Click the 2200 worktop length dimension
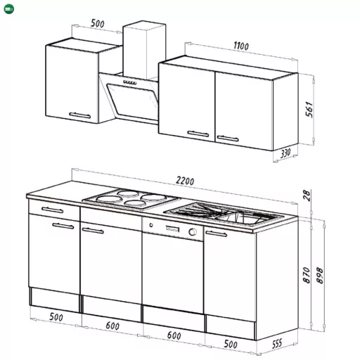click(x=185, y=181)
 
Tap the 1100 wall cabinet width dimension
click(x=241, y=46)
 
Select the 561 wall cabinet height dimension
click(x=309, y=110)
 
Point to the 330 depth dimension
click(x=285, y=153)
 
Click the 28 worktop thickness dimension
click(x=307, y=195)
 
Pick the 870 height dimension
click(x=307, y=275)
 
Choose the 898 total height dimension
click(x=319, y=276)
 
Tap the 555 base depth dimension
click(x=277, y=344)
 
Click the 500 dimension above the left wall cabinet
click(x=98, y=23)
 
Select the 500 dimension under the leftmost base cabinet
click(x=56, y=317)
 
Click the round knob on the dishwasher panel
click(x=193, y=232)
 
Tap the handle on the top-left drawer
click(x=52, y=210)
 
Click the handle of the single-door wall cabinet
click(x=80, y=115)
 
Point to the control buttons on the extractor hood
click(x=130, y=82)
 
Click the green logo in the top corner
click(x=9, y=9)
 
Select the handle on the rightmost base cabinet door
click(x=216, y=233)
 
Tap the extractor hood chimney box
click(x=144, y=50)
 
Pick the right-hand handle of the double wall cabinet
click(x=228, y=139)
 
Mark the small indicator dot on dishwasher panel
click(x=151, y=225)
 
